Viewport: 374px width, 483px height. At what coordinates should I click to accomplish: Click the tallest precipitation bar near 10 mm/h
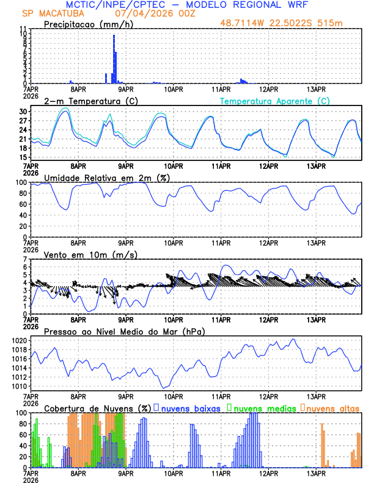(x=114, y=59)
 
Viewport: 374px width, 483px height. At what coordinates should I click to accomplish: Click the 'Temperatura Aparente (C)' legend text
(x=274, y=101)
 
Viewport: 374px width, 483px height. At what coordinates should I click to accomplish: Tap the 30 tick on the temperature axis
(x=24, y=112)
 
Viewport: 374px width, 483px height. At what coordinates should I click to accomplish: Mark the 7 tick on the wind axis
(x=26, y=259)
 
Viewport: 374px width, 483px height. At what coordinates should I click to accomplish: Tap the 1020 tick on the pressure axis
(x=21, y=340)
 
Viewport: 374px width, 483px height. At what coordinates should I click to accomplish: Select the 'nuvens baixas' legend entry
(x=189, y=408)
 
